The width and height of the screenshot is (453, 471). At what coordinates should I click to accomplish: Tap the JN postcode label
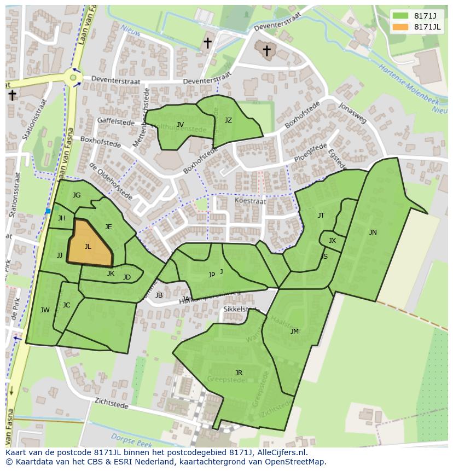tap(373, 232)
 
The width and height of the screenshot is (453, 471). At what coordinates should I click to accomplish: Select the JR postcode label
tap(239, 373)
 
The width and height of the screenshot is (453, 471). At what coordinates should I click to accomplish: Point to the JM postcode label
tap(294, 332)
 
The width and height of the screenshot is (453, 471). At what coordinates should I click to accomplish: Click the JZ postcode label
tap(228, 120)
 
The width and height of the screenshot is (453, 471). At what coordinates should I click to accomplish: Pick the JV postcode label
tap(180, 125)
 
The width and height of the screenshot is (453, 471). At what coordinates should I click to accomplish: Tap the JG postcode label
tap(77, 195)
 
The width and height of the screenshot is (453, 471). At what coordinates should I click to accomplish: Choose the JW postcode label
tap(45, 310)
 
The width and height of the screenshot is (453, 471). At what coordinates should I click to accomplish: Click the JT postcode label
tap(321, 216)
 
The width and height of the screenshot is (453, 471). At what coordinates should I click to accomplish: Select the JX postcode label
tap(332, 241)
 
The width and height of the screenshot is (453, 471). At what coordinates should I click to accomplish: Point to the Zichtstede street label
tap(112, 404)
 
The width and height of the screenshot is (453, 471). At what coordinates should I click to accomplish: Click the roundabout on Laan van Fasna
tap(73, 78)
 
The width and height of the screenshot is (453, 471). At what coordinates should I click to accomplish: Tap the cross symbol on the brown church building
tap(266, 51)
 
